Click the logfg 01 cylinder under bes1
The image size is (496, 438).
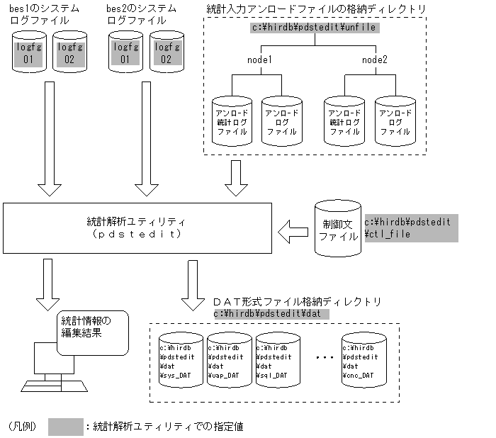(29, 54)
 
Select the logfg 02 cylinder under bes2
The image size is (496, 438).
(166, 54)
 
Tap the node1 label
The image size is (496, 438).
(260, 60)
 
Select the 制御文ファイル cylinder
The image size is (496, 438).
(338, 230)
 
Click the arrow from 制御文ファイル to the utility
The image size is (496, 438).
(293, 230)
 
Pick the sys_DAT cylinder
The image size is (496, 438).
(180, 361)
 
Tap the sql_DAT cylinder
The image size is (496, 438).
(278, 361)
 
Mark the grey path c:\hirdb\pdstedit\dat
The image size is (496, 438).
(271, 313)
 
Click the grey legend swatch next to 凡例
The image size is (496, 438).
(66, 427)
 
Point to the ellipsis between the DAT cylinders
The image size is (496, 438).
(322, 358)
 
